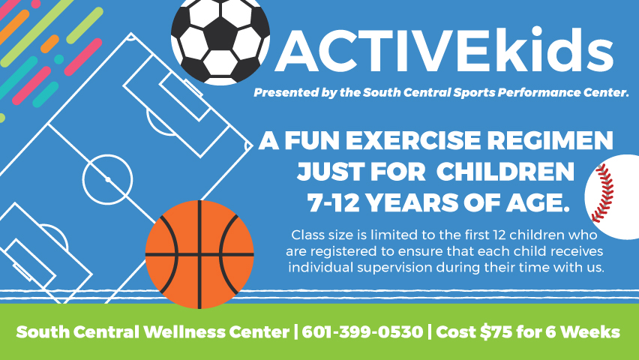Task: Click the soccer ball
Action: click(220, 40)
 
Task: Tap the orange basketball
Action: click(199, 254)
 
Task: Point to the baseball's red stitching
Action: click(603, 193)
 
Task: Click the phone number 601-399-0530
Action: click(362, 331)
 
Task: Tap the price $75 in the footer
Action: click(496, 331)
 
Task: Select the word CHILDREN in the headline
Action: click(505, 172)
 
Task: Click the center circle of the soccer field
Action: click(107, 179)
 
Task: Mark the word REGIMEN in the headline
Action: click(550, 140)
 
